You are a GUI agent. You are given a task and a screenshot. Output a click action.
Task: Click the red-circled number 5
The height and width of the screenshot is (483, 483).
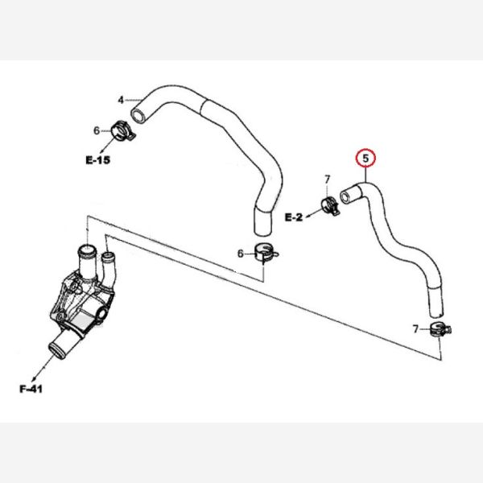point(366,158)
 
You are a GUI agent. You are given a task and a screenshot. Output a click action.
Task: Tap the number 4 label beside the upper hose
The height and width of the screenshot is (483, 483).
point(121,101)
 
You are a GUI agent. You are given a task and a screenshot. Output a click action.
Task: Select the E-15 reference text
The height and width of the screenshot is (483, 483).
point(97,159)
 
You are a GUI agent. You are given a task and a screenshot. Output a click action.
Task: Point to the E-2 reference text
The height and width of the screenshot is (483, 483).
point(295,217)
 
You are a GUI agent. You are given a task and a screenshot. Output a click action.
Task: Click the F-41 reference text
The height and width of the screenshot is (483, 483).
point(31,390)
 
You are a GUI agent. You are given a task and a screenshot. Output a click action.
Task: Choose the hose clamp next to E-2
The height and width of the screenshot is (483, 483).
point(329,205)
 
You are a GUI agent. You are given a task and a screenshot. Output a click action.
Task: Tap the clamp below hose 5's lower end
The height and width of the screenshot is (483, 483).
point(439,328)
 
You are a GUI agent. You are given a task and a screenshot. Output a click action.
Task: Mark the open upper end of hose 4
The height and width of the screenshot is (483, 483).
point(140,115)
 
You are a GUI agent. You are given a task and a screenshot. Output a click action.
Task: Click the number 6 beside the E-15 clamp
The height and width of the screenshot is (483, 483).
point(96,130)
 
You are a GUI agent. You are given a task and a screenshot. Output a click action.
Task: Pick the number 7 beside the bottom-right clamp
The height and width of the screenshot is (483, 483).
point(415,328)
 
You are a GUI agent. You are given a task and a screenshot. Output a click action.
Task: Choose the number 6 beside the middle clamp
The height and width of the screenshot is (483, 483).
point(240,254)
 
